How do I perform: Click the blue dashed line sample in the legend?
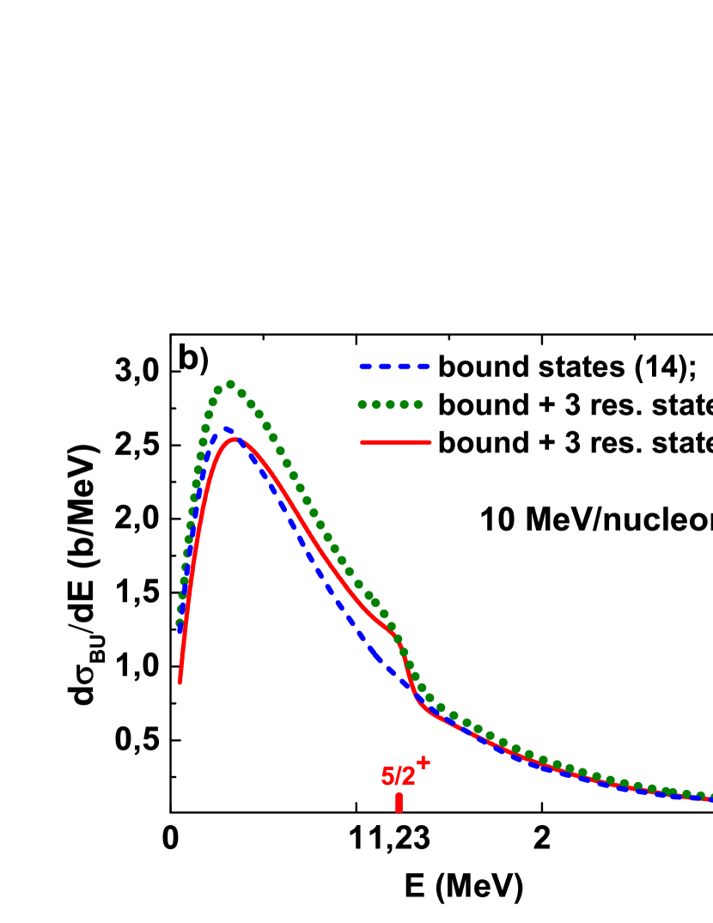pyautogui.click(x=394, y=367)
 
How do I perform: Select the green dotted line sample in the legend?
pyautogui.click(x=390, y=404)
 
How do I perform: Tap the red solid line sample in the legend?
pyautogui.click(x=395, y=442)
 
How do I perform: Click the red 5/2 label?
pyautogui.click(x=399, y=776)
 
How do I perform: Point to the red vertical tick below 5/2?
pyautogui.click(x=399, y=803)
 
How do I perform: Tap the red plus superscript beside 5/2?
pyautogui.click(x=423, y=762)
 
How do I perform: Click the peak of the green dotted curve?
pyautogui.click(x=230, y=385)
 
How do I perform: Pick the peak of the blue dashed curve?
pyautogui.click(x=227, y=428)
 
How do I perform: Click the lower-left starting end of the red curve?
pyautogui.click(x=180, y=682)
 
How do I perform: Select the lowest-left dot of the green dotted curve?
pyautogui.click(x=180, y=623)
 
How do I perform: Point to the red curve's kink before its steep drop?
pyautogui.click(x=394, y=636)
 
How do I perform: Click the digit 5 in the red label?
pyautogui.click(x=387, y=776)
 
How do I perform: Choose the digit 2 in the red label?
pyautogui.click(x=409, y=776)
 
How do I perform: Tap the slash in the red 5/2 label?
pyautogui.click(x=399, y=776)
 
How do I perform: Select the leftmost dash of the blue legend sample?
pyautogui.click(x=366, y=367)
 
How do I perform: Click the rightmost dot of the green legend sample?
pyautogui.click(x=418, y=404)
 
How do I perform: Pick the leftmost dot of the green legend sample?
pyautogui.click(x=363, y=404)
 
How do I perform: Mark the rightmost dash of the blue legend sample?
pyautogui.click(x=423, y=367)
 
